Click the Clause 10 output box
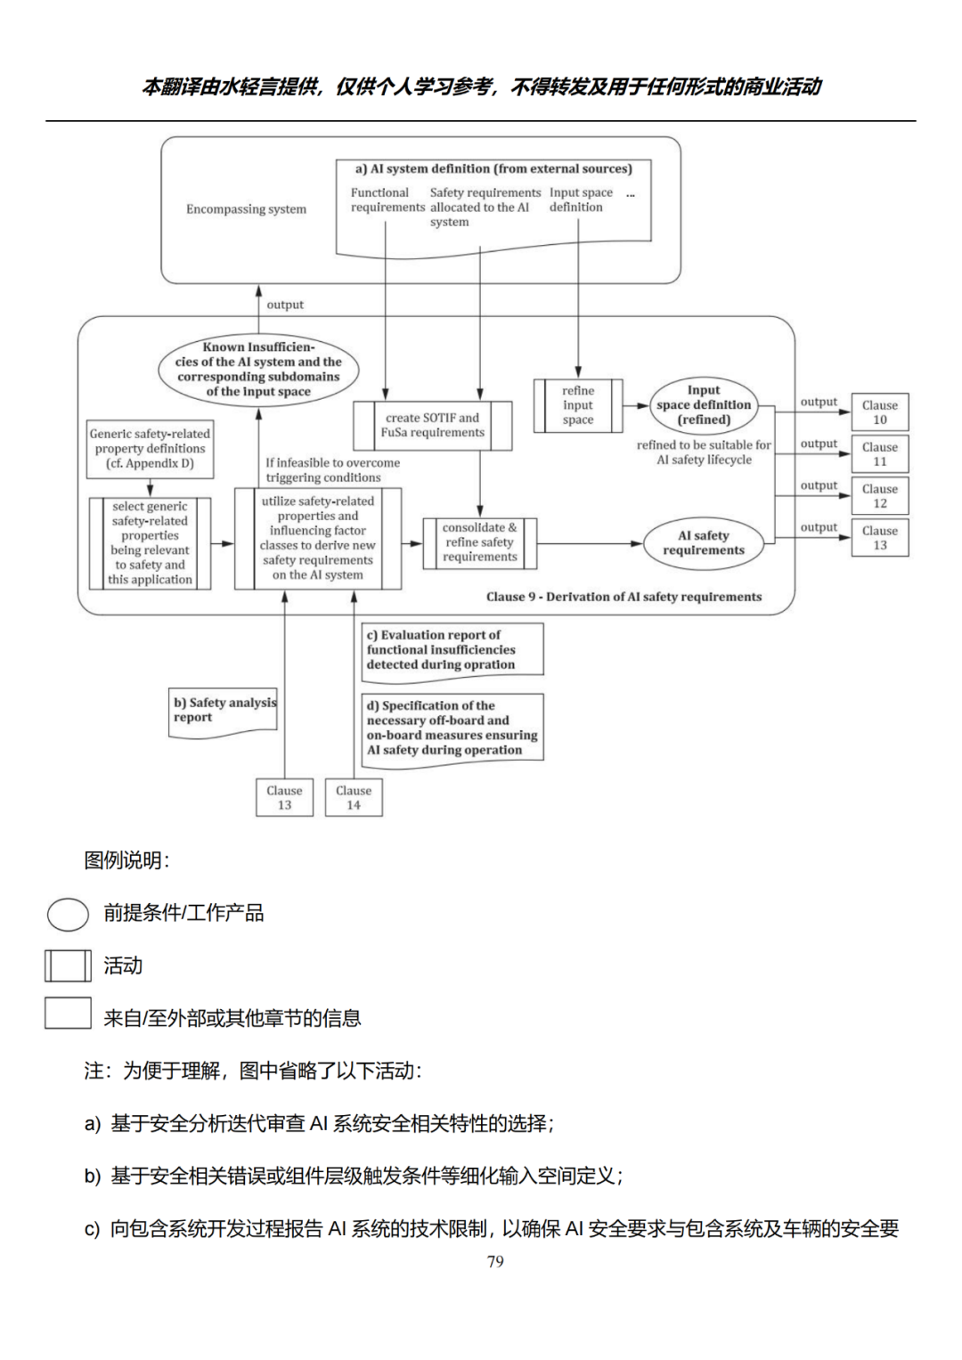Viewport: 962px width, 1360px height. [x=879, y=412]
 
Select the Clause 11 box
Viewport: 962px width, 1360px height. [x=879, y=454]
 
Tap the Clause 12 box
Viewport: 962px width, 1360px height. [x=879, y=496]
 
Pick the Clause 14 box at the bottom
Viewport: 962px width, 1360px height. [x=354, y=797]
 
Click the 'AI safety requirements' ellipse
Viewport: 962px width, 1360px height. [x=704, y=542]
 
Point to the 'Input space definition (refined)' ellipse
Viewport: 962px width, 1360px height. [x=704, y=405]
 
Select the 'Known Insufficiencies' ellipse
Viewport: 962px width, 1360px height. [x=258, y=369]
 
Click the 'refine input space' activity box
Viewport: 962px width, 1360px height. [x=578, y=405]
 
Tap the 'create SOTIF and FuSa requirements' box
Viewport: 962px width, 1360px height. [x=433, y=425]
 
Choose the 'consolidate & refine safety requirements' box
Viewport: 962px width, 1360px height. [x=479, y=542]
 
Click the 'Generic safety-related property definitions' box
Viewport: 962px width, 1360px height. [x=150, y=449]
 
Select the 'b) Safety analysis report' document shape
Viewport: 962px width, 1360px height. [x=224, y=711]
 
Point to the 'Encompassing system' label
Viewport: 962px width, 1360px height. [x=246, y=209]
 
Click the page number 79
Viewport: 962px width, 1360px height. [x=495, y=1261]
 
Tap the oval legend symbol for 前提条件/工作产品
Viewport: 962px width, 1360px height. [x=68, y=914]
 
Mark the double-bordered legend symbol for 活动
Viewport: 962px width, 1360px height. [x=68, y=965]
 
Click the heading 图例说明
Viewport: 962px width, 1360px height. [x=126, y=860]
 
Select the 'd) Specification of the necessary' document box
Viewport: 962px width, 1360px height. [x=452, y=728]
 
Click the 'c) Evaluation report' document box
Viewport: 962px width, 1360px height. [x=452, y=650]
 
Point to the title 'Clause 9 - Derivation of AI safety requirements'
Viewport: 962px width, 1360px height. [x=624, y=597]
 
